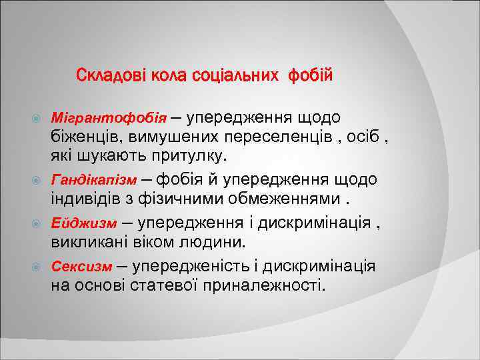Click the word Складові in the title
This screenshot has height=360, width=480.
[105, 75]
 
